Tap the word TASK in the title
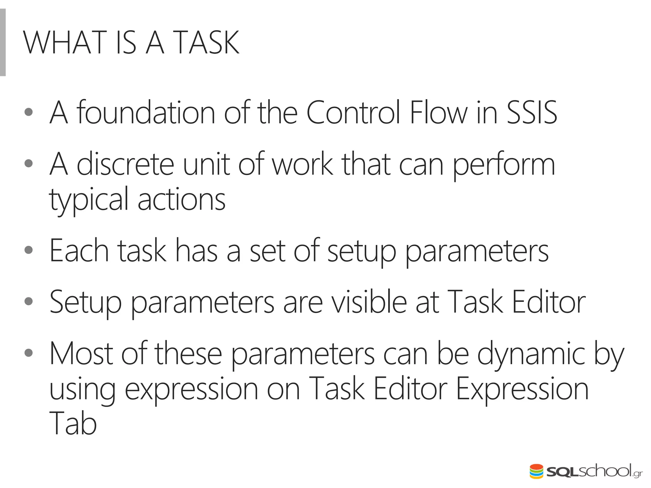pyautogui.click(x=207, y=43)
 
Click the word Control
pyautogui.click(x=353, y=112)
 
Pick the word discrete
pyautogui.click(x=126, y=164)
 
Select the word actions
pyautogui.click(x=182, y=200)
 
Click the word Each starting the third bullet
pyautogui.click(x=79, y=251)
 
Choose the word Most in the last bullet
pyautogui.click(x=81, y=354)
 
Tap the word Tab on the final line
pyautogui.click(x=73, y=424)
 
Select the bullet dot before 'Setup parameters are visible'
pyautogui.click(x=29, y=301)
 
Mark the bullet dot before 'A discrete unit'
pyautogui.click(x=29, y=163)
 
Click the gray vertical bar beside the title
pyautogui.click(x=3, y=42)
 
